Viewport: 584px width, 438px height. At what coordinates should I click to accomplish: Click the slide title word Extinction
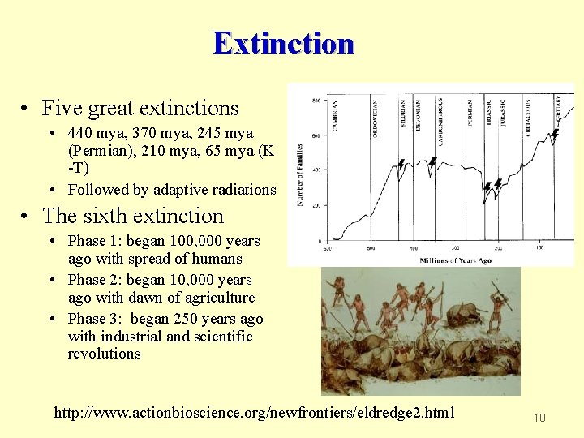click(284, 42)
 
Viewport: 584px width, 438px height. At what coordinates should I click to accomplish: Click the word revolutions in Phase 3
click(104, 354)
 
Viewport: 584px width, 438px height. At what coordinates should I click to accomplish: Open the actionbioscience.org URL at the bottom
click(254, 414)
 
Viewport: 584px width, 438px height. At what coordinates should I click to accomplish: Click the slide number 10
click(539, 418)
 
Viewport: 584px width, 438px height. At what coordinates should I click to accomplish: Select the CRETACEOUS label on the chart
click(528, 117)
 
